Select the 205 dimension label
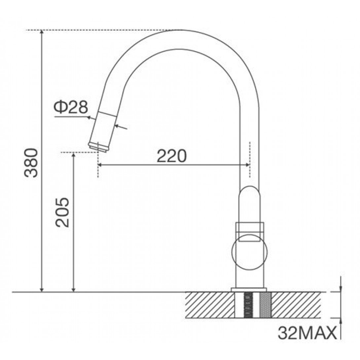pos(62,212)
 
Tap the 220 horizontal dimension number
pos(171,156)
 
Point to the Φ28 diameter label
pos(71,107)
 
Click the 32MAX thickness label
pos(307,333)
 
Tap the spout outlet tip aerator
pos(98,147)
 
